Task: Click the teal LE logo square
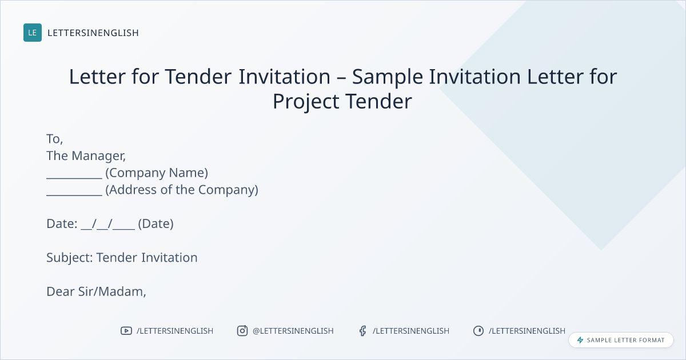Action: click(x=33, y=33)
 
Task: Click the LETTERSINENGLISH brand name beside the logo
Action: click(x=93, y=33)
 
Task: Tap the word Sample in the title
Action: click(x=388, y=77)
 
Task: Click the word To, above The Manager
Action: click(x=54, y=139)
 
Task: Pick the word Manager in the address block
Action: click(x=98, y=156)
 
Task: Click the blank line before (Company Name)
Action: click(x=74, y=178)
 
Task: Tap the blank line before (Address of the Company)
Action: click(x=74, y=195)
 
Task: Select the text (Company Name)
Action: click(x=157, y=173)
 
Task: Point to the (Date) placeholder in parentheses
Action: click(x=155, y=224)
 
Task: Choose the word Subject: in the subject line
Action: click(x=70, y=258)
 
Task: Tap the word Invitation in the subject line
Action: click(x=169, y=258)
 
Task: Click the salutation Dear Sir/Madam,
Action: click(x=96, y=291)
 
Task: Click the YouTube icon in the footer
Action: click(x=126, y=331)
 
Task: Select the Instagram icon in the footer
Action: click(x=242, y=331)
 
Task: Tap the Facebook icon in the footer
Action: click(x=362, y=331)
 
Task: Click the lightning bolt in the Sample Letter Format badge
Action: click(x=580, y=340)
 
